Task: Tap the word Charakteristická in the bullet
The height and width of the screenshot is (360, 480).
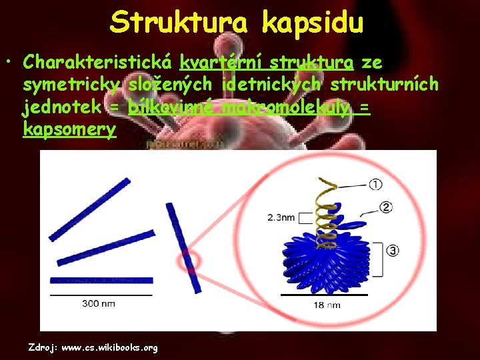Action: click(x=98, y=63)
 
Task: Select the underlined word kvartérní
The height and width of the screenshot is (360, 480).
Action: click(x=220, y=63)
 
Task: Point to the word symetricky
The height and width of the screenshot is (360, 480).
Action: click(x=71, y=85)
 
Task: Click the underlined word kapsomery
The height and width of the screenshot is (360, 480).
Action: click(x=69, y=129)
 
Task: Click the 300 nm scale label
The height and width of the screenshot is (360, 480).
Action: click(x=99, y=304)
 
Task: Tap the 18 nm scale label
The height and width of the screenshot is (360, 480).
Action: click(x=327, y=305)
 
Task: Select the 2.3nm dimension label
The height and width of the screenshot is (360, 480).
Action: click(x=281, y=217)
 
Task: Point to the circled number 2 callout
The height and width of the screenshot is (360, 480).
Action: click(x=386, y=207)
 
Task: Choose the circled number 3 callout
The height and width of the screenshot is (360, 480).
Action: click(x=393, y=251)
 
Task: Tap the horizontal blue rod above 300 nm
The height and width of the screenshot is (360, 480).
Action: click(x=101, y=280)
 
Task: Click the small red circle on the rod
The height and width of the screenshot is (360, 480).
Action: click(x=187, y=261)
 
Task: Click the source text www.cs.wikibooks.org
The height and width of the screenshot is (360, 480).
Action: click(x=109, y=347)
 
